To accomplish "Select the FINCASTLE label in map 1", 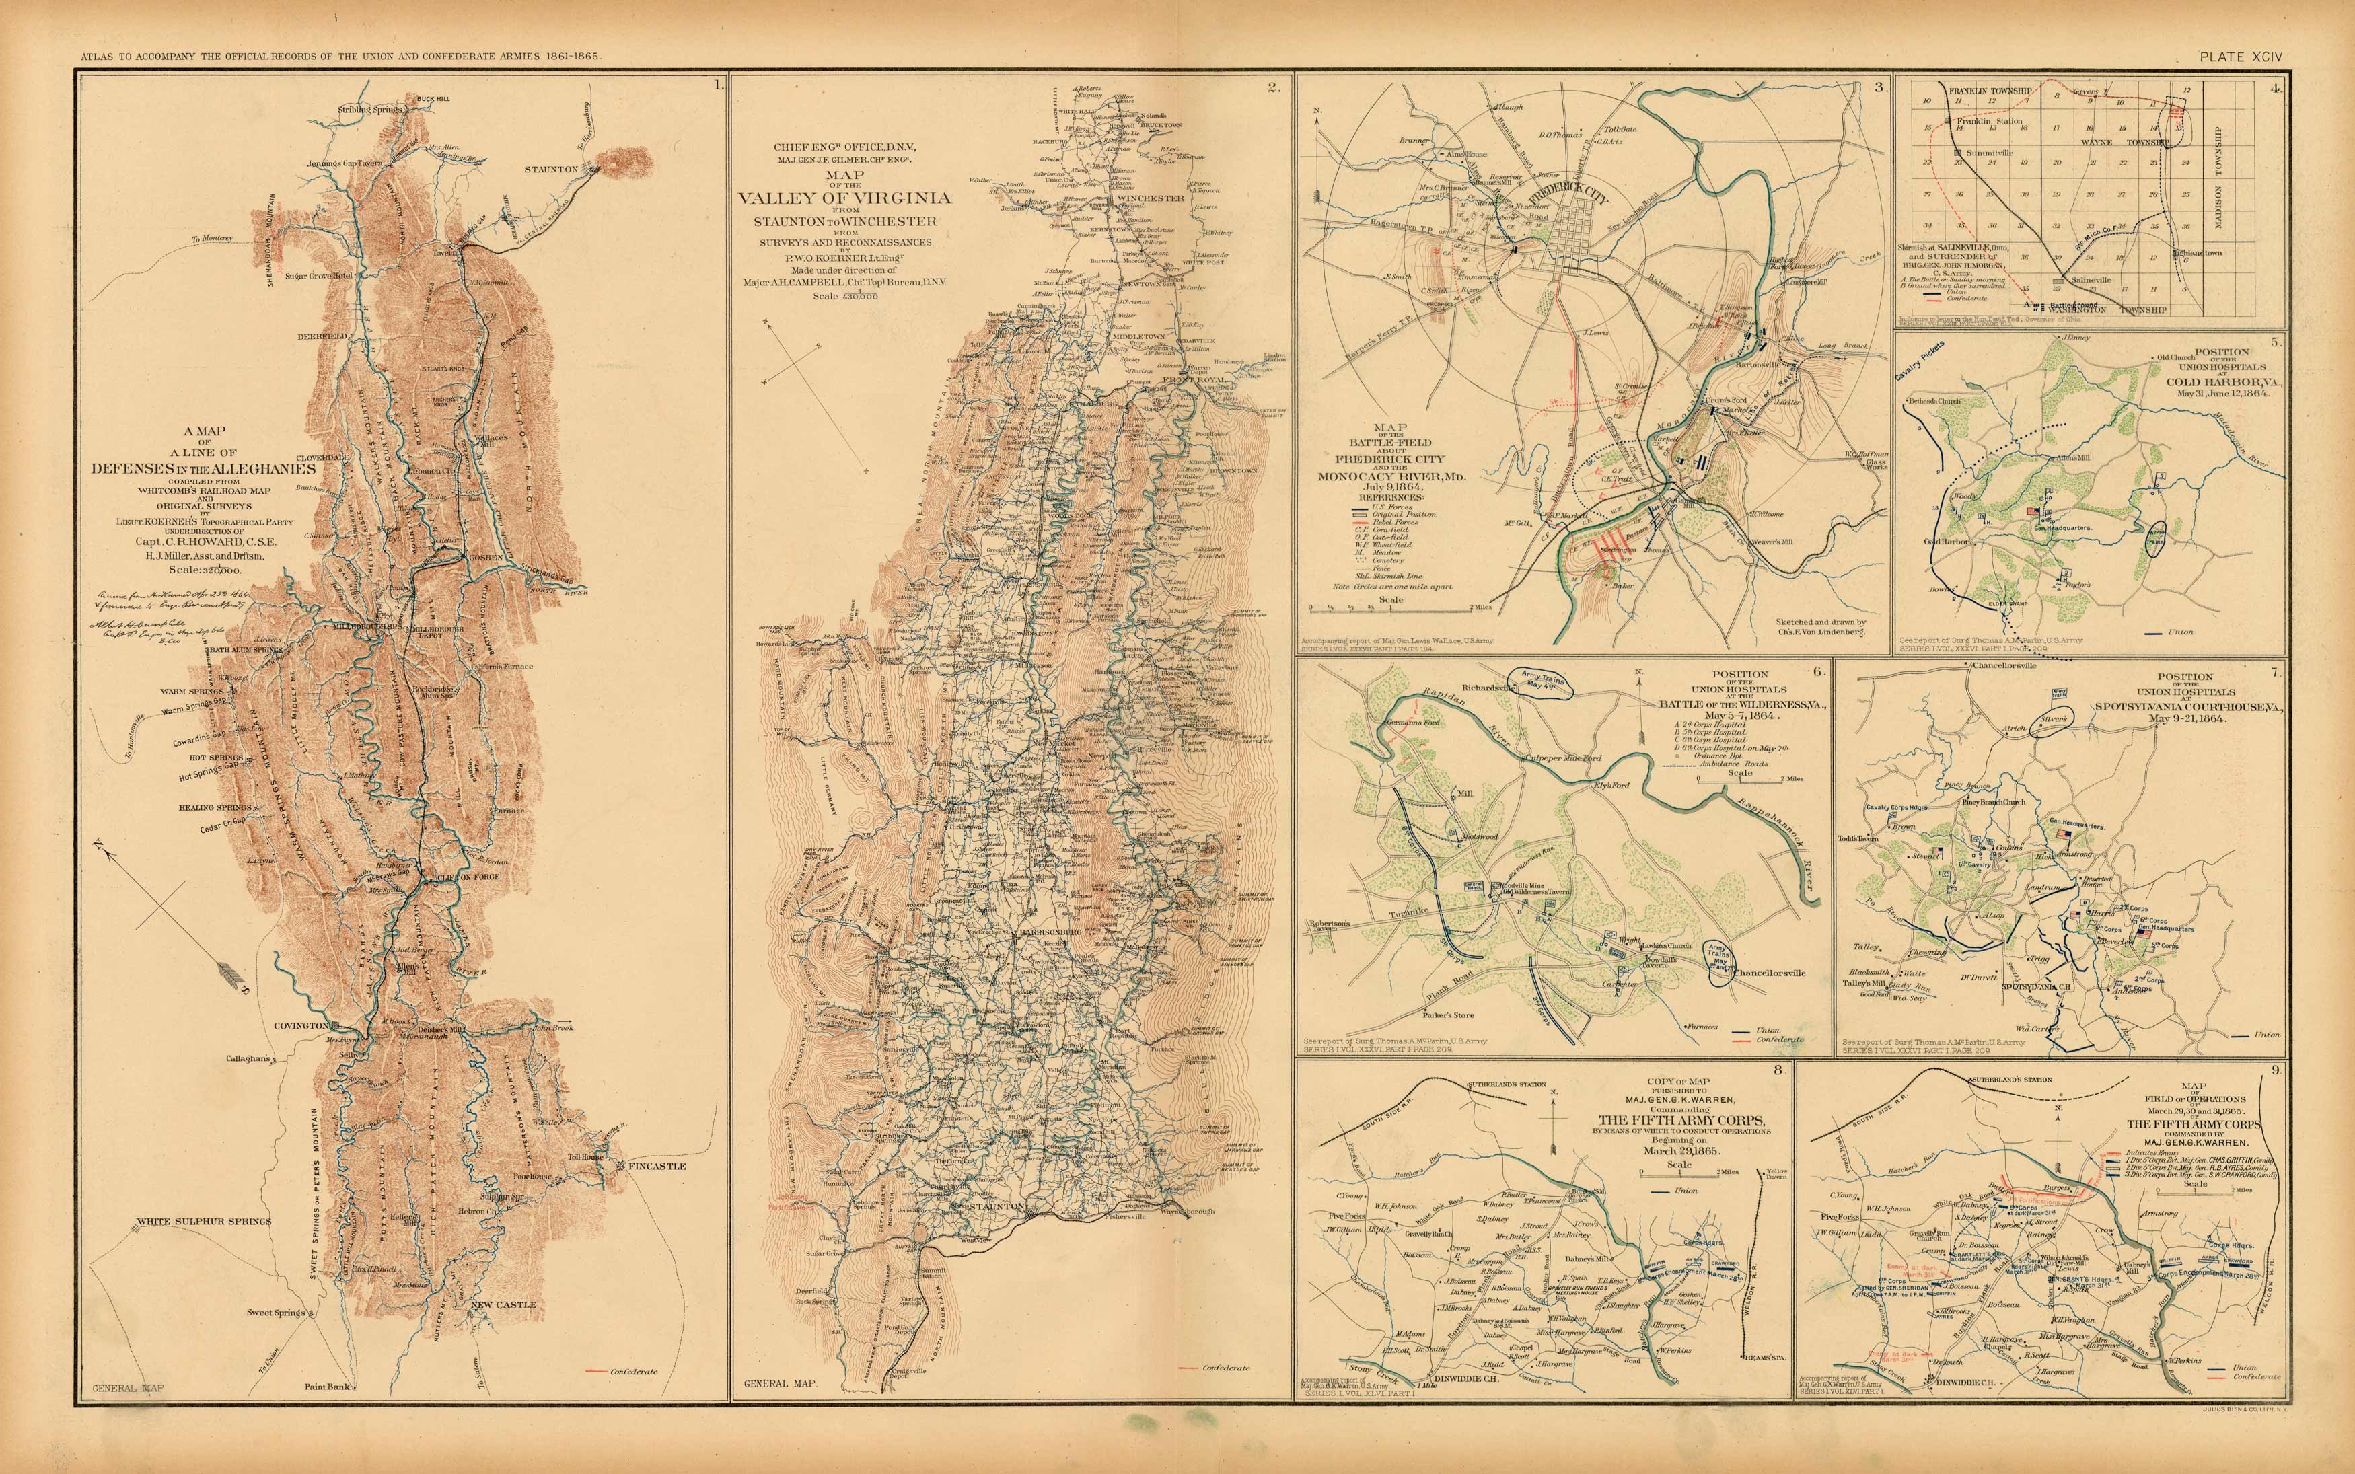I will (657, 1166).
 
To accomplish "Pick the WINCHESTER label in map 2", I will (1150, 198).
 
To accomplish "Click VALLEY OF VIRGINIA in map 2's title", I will (844, 198).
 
